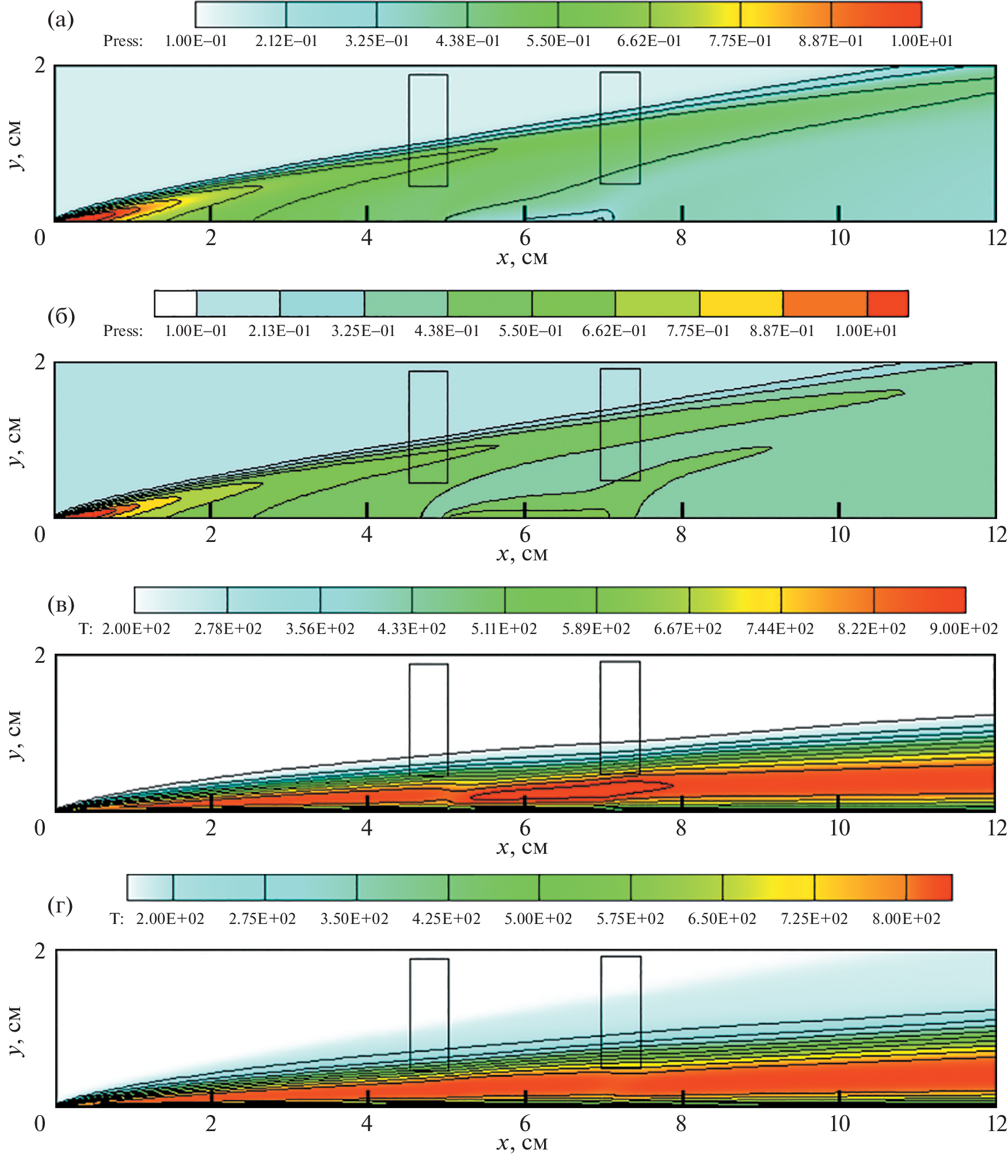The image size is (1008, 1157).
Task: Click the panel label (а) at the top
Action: click(60, 20)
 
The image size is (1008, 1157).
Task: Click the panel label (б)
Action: click(61, 316)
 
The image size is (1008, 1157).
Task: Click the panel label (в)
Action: click(61, 605)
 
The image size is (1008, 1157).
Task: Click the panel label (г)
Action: click(60, 906)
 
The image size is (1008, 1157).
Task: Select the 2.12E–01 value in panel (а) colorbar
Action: click(286, 41)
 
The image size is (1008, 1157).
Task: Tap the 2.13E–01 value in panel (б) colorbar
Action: click(279, 331)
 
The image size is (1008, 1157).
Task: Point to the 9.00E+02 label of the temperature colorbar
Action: click(963, 629)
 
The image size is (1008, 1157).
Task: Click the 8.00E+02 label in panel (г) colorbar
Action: click(906, 919)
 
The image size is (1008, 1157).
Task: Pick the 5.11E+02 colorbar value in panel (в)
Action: click(504, 629)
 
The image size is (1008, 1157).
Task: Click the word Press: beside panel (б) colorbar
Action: click(123, 331)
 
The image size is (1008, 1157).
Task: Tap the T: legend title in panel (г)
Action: click(117, 919)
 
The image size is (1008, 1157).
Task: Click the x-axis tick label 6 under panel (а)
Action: click(524, 238)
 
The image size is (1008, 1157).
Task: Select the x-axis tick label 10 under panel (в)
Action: click(839, 828)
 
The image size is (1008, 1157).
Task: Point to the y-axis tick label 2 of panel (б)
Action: click(40, 362)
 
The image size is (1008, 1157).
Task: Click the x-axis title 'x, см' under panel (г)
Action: click(522, 1143)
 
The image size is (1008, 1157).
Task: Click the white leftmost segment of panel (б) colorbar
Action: click(176, 304)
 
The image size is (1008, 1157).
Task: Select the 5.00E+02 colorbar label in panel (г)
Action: click(538, 919)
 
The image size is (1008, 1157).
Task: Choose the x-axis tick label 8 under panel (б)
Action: click(681, 534)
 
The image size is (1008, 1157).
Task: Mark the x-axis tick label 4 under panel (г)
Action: click(367, 1123)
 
